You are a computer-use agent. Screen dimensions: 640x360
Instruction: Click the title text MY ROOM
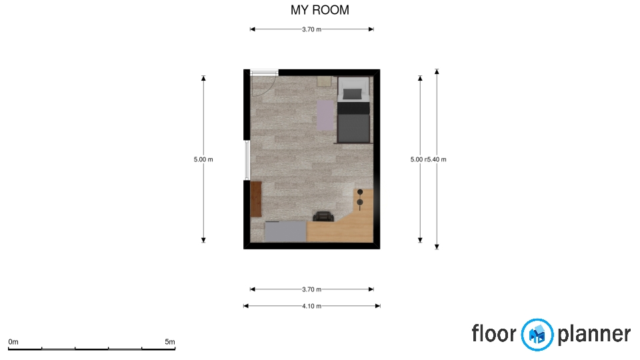click(x=319, y=10)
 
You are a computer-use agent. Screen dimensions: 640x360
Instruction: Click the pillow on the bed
click(x=353, y=94)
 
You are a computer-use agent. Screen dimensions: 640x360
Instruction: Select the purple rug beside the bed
click(x=325, y=115)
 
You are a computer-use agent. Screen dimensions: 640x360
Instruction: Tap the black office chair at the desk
click(x=323, y=216)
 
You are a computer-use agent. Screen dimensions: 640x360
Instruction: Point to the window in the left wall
click(x=247, y=160)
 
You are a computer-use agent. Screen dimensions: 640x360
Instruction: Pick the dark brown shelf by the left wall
click(x=256, y=199)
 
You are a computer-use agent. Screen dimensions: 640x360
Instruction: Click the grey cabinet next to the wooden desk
click(x=285, y=232)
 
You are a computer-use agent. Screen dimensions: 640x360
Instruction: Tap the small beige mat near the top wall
click(x=324, y=81)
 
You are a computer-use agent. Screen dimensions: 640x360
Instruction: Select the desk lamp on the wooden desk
click(x=359, y=199)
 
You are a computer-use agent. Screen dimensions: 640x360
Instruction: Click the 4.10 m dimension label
click(x=311, y=306)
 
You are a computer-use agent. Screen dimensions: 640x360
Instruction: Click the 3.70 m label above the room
click(x=311, y=29)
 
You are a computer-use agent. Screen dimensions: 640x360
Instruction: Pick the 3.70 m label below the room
click(x=311, y=289)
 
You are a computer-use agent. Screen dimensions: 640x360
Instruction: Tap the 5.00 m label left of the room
click(x=203, y=159)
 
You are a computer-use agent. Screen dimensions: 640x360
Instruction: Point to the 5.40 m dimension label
click(x=437, y=159)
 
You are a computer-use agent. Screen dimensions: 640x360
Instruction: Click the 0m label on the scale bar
click(x=13, y=342)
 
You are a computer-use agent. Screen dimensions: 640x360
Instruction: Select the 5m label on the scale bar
click(x=170, y=342)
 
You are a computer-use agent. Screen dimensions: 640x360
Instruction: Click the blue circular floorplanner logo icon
click(x=537, y=335)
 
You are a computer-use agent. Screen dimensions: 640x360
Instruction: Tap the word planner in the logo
click(x=594, y=335)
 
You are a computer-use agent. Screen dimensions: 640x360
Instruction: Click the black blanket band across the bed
click(x=353, y=108)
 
